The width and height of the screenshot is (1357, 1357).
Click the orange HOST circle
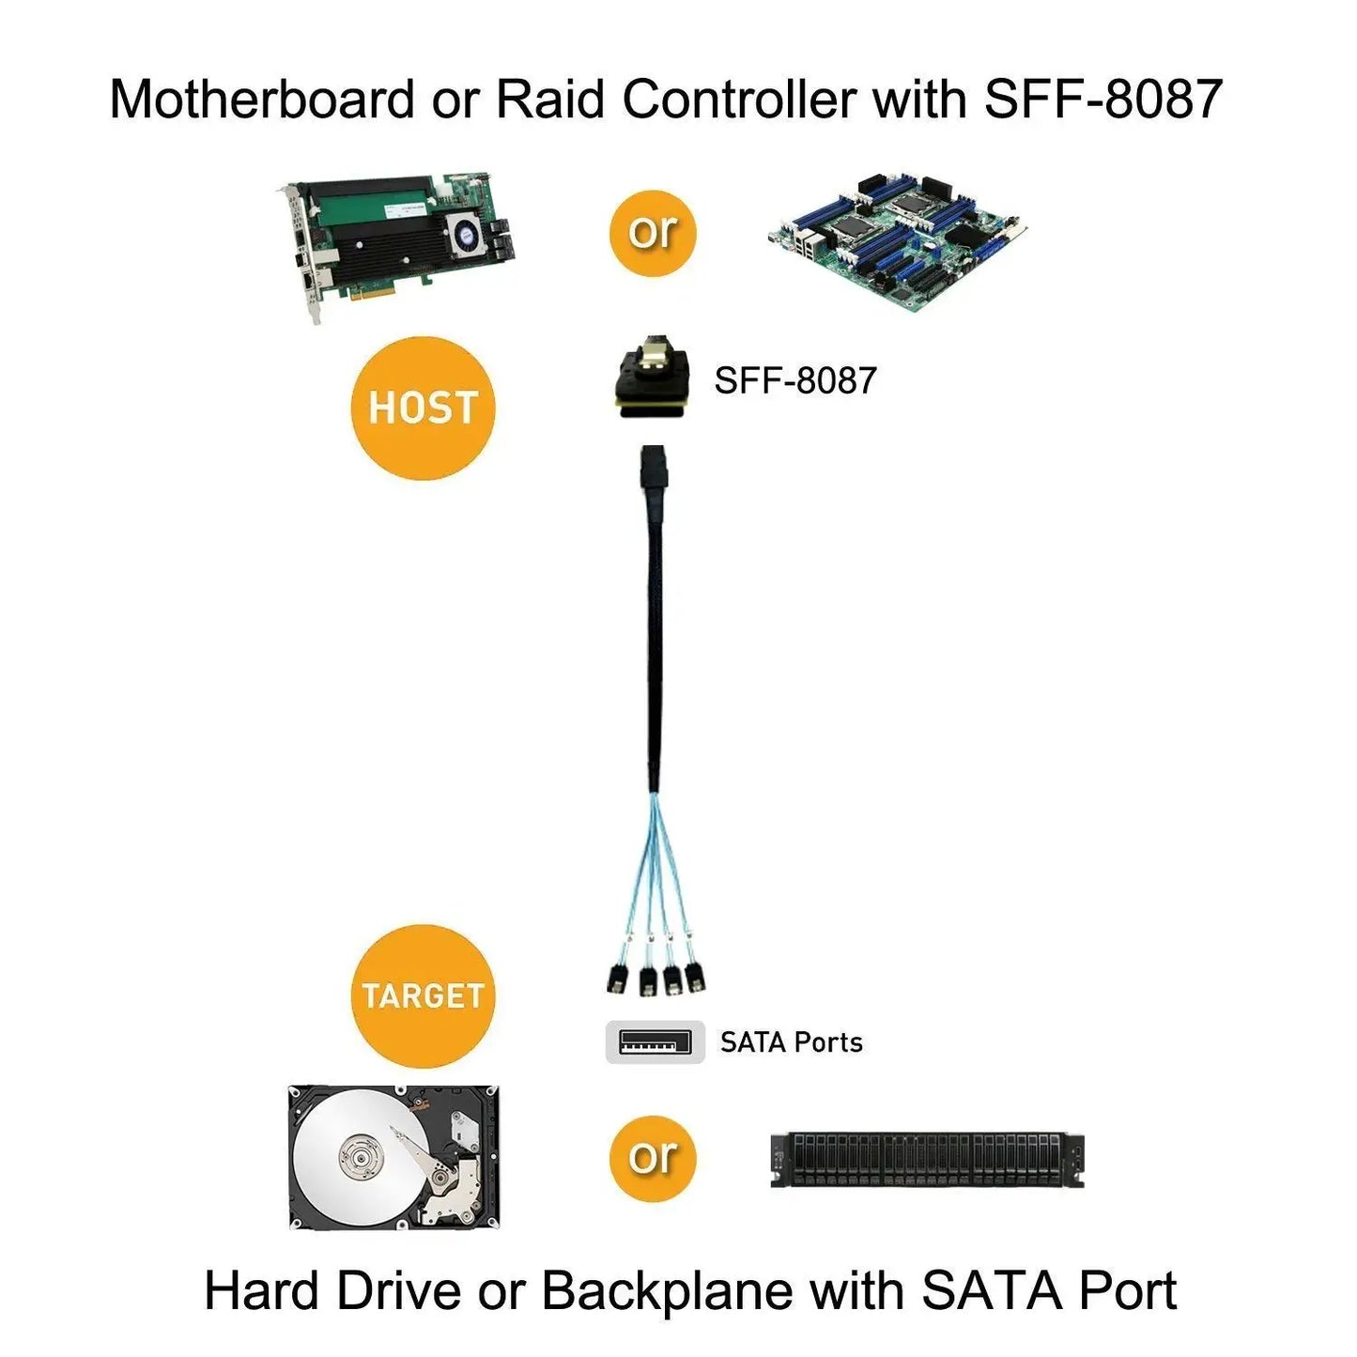pyautogui.click(x=423, y=409)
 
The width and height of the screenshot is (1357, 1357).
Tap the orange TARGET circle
pyautogui.click(x=423, y=995)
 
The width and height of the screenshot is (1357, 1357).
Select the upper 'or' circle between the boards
pyautogui.click(x=653, y=233)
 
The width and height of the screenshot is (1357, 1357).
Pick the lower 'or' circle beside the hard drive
pyautogui.click(x=653, y=1158)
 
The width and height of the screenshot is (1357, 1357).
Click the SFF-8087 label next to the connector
pyautogui.click(x=794, y=381)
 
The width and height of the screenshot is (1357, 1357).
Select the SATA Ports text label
pyautogui.click(x=791, y=1042)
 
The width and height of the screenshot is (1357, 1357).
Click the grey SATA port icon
pyautogui.click(x=655, y=1042)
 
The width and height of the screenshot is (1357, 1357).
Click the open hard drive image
pyautogui.click(x=394, y=1157)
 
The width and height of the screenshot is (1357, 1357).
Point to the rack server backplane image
pyautogui.click(x=927, y=1160)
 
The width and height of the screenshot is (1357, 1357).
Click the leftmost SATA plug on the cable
pyautogui.click(x=617, y=978)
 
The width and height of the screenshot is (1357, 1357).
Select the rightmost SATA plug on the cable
pyautogui.click(x=694, y=976)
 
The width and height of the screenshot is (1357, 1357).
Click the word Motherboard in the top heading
pyautogui.click(x=262, y=99)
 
